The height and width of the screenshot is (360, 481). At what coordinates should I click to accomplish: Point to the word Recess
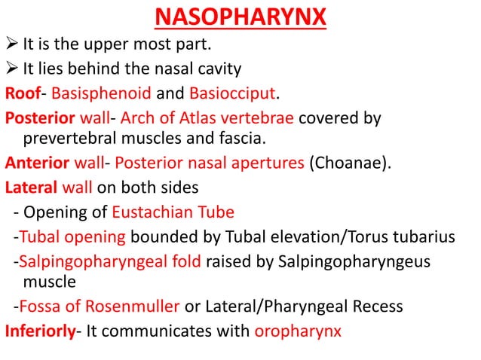(x=375, y=307)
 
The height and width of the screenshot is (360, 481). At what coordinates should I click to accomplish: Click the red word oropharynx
(x=299, y=331)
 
